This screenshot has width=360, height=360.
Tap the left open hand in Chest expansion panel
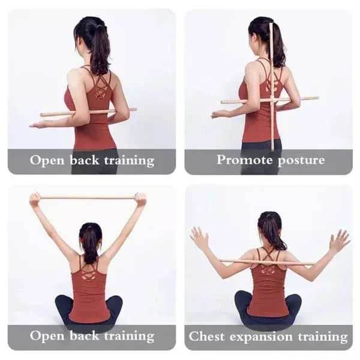(x=199, y=238)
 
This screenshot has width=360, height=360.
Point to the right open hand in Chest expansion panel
(x=340, y=240)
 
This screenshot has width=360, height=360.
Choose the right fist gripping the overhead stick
(x=140, y=199)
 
